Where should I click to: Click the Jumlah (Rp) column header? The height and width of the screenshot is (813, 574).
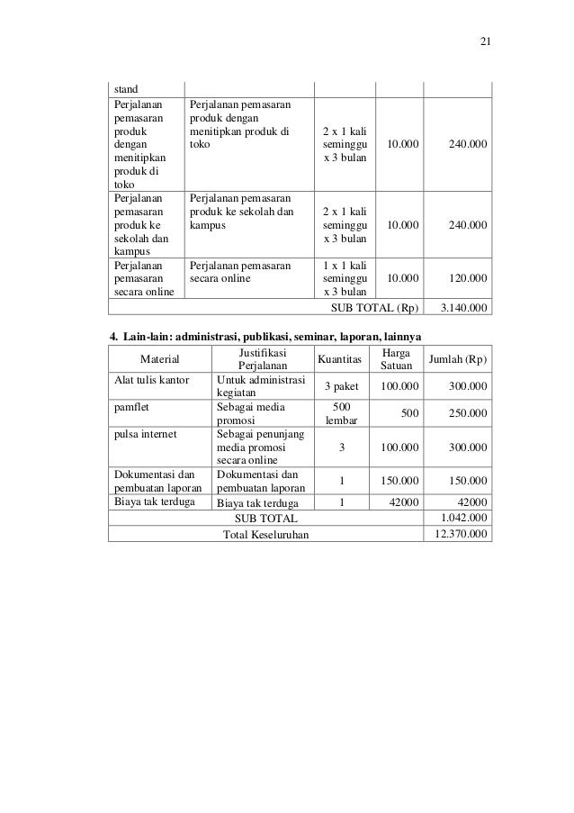458,360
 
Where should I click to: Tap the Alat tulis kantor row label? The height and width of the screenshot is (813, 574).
149,380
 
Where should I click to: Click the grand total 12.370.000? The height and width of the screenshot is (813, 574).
462,534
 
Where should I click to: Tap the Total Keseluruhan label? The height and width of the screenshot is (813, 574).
265,535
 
